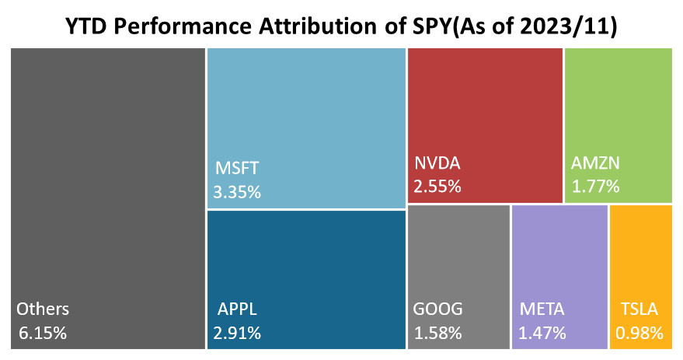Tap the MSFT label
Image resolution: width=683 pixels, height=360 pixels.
[x=236, y=167]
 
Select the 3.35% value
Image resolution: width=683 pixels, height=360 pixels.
[x=237, y=190]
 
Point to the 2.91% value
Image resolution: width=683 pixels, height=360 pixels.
[x=237, y=333]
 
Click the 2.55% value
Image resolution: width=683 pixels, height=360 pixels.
[x=437, y=186]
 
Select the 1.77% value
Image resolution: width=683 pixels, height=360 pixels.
[x=595, y=186]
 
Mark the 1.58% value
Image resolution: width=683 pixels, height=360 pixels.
[x=437, y=333]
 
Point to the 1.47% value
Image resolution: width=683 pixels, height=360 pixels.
[x=542, y=333]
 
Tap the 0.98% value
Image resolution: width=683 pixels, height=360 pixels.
[x=639, y=333]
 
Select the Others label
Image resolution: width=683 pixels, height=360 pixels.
[x=43, y=309]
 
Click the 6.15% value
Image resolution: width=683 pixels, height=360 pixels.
[x=43, y=333]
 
